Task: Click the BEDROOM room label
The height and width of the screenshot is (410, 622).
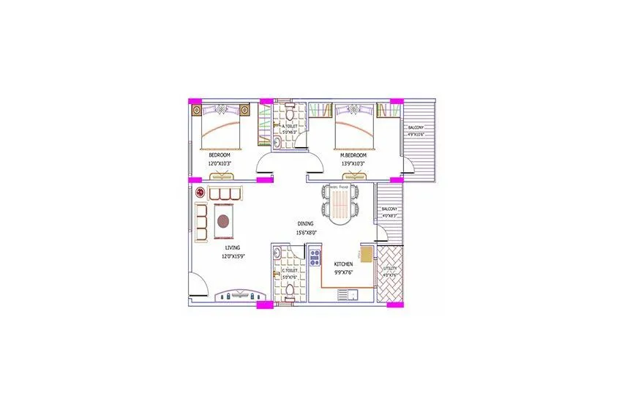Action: point(220,155)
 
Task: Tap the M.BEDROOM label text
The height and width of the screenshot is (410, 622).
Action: point(353,155)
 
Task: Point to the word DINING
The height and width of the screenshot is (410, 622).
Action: point(306,223)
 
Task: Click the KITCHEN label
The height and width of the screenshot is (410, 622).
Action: point(343,264)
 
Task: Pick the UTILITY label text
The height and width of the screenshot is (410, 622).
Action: point(389,269)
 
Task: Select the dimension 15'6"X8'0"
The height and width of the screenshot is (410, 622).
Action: point(307,233)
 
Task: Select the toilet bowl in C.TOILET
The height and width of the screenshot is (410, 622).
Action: point(289,292)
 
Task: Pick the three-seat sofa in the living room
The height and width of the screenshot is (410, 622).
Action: point(225,194)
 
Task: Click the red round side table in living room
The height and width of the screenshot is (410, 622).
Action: point(200,193)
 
